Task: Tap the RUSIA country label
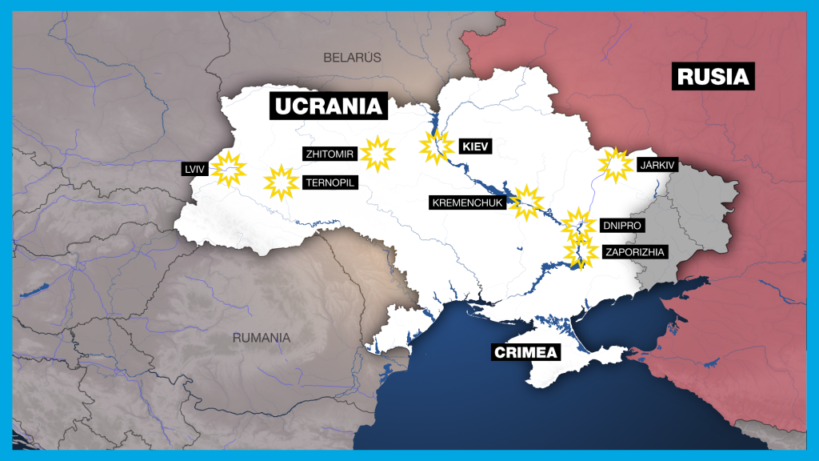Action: [x=713, y=76]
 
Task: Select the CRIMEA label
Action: [x=525, y=352]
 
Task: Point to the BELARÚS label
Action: [x=352, y=58]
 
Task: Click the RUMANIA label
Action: [x=262, y=338]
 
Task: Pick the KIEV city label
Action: [x=474, y=146]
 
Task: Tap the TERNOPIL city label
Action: [x=330, y=182]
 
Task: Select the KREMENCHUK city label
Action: [x=468, y=202]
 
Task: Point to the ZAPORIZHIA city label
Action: [x=634, y=251]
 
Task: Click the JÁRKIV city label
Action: [x=657, y=166]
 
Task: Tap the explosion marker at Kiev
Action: [x=436, y=148]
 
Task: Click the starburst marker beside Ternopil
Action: [x=281, y=182]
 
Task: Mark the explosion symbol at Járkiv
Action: [x=616, y=165]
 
